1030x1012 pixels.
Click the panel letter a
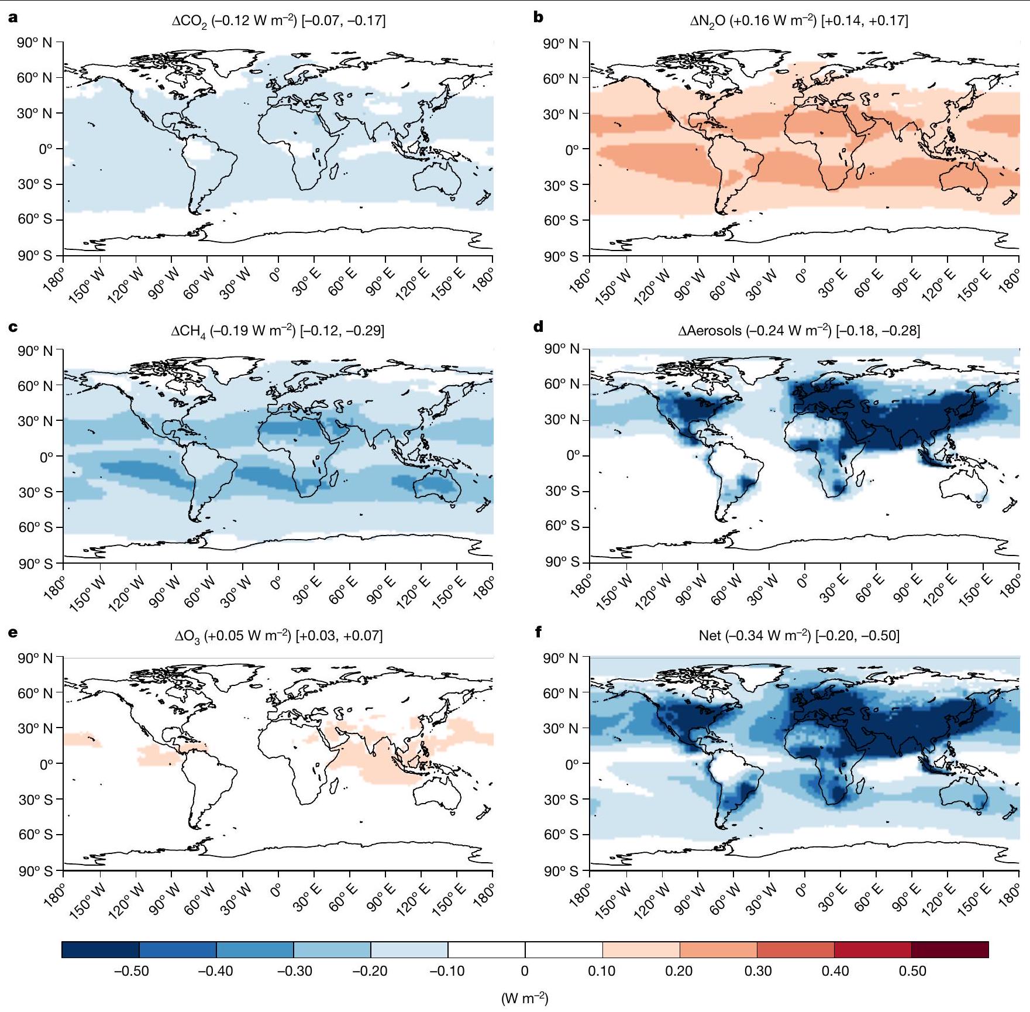point(13,18)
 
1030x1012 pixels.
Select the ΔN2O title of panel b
point(798,22)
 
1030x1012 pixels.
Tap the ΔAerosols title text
point(798,331)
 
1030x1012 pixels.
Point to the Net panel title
point(799,636)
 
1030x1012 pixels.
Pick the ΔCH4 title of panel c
point(277,331)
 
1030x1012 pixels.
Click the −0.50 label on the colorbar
point(131,972)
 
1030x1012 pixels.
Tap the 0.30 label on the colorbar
point(758,972)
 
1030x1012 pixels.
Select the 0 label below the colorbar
point(525,972)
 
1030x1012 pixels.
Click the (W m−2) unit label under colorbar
point(525,999)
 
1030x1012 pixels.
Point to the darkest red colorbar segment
point(950,949)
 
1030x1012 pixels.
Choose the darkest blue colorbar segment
point(100,949)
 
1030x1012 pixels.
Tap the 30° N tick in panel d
point(562,420)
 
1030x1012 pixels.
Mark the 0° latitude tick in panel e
point(46,764)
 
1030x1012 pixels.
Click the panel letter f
point(538,632)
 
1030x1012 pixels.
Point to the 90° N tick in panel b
point(560,44)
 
